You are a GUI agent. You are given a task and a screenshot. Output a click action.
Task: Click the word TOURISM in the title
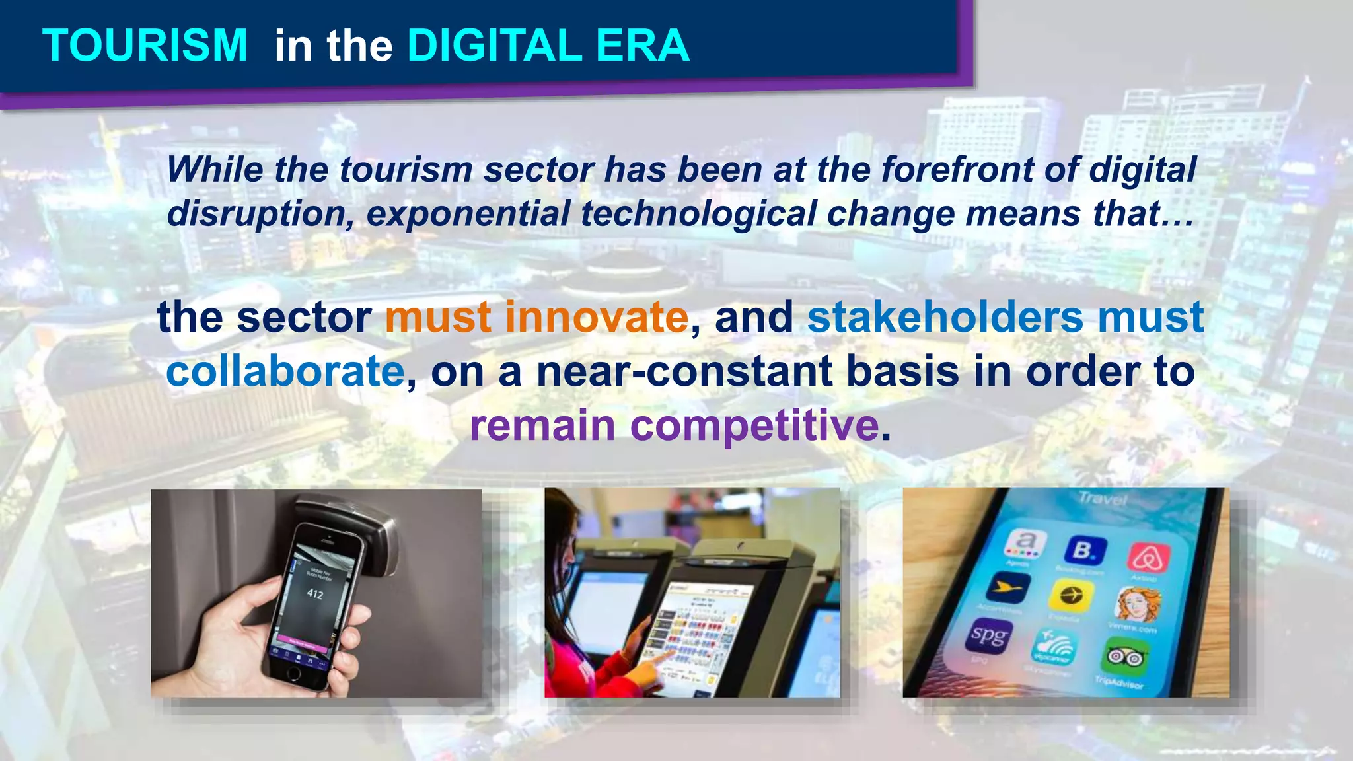pyautogui.click(x=145, y=46)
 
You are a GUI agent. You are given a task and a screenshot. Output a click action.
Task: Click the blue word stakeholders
pyautogui.click(x=945, y=317)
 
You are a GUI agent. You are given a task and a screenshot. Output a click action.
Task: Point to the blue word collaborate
pyautogui.click(x=285, y=371)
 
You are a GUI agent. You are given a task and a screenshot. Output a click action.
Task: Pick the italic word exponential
pyautogui.click(x=467, y=213)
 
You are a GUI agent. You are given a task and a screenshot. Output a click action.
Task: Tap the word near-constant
pyautogui.click(x=683, y=371)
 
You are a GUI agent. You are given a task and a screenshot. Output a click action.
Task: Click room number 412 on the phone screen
pyautogui.click(x=315, y=594)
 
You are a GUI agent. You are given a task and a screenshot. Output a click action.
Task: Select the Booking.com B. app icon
pyautogui.click(x=1084, y=550)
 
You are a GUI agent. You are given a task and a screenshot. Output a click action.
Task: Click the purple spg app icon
pyautogui.click(x=988, y=635)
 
